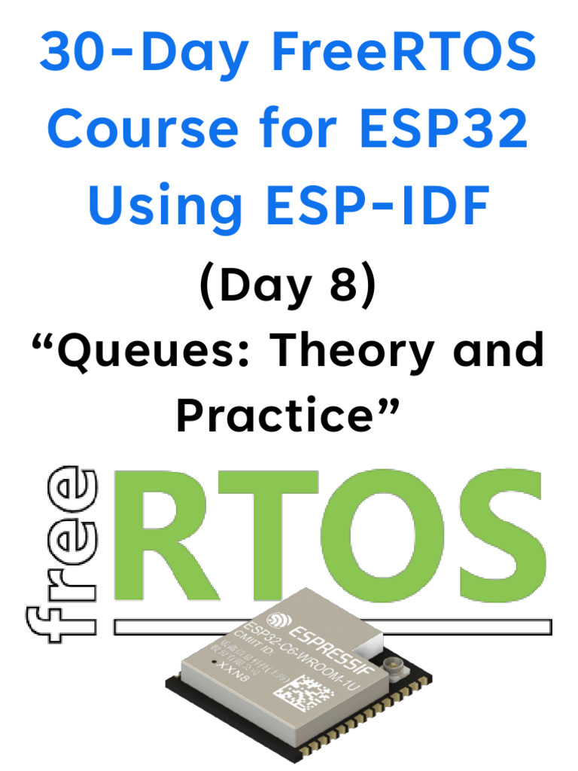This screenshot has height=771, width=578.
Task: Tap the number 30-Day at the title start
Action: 143,53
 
